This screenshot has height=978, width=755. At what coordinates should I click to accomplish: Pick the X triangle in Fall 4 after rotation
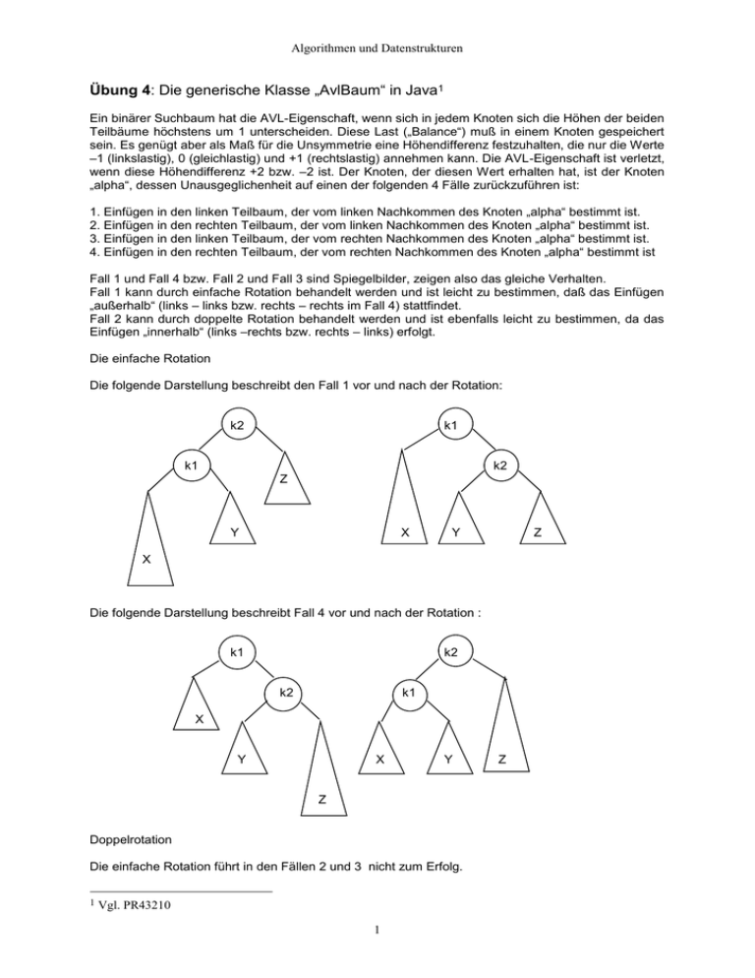[x=378, y=758]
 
